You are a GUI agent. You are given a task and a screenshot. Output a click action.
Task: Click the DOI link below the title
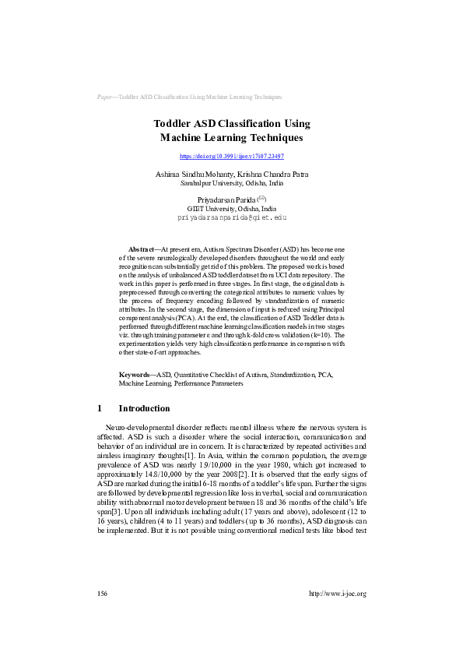click(x=232, y=157)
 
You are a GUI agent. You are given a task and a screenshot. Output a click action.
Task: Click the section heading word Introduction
click(x=144, y=408)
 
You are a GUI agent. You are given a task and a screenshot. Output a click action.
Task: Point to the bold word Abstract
click(x=142, y=247)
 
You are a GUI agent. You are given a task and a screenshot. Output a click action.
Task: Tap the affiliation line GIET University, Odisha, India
click(x=232, y=210)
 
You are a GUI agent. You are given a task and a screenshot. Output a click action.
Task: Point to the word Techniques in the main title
click(x=268, y=138)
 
